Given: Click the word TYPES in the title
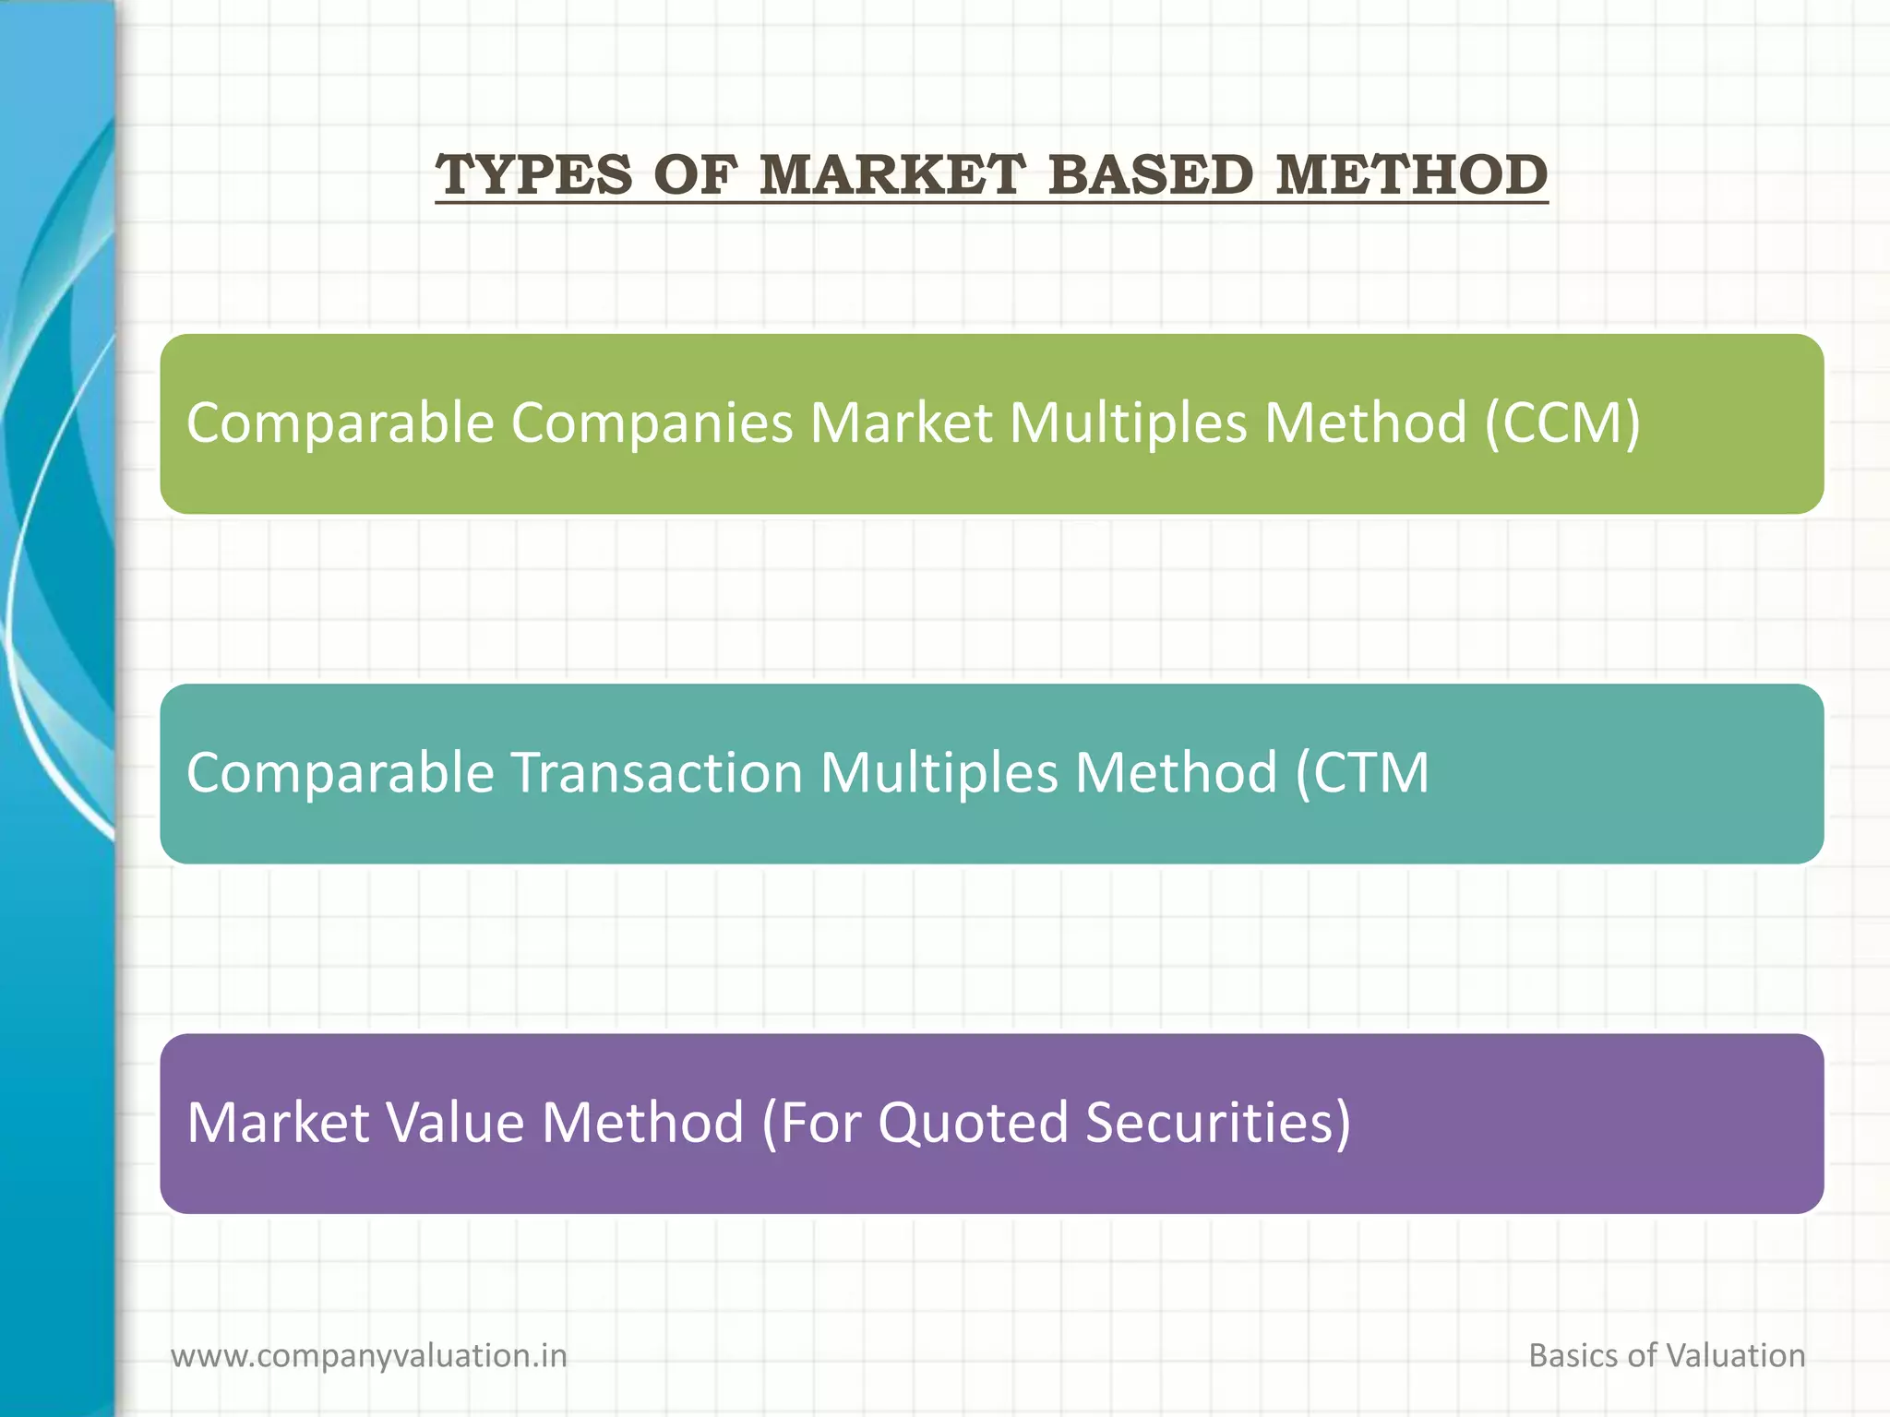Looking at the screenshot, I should [533, 174].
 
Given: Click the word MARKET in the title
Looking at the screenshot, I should [891, 174].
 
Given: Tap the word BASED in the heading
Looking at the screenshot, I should [1151, 174].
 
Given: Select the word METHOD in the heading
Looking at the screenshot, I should [1411, 174].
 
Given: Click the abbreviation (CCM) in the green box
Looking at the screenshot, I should [1562, 423].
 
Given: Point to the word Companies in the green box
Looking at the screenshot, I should [652, 423].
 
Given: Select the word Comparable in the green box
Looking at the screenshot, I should [341, 423].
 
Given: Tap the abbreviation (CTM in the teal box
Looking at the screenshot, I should [1362, 773].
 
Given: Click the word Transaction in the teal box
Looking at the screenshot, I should [656, 773].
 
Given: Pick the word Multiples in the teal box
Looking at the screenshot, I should [939, 773].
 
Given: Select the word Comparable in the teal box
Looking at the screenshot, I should [341, 773].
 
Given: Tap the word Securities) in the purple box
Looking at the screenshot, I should [1218, 1123].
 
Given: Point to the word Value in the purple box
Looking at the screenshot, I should [455, 1123].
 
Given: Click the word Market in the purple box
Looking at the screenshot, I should [279, 1123].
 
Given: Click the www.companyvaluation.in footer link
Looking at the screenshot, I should [369, 1356].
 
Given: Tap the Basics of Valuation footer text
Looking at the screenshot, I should [1667, 1356].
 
